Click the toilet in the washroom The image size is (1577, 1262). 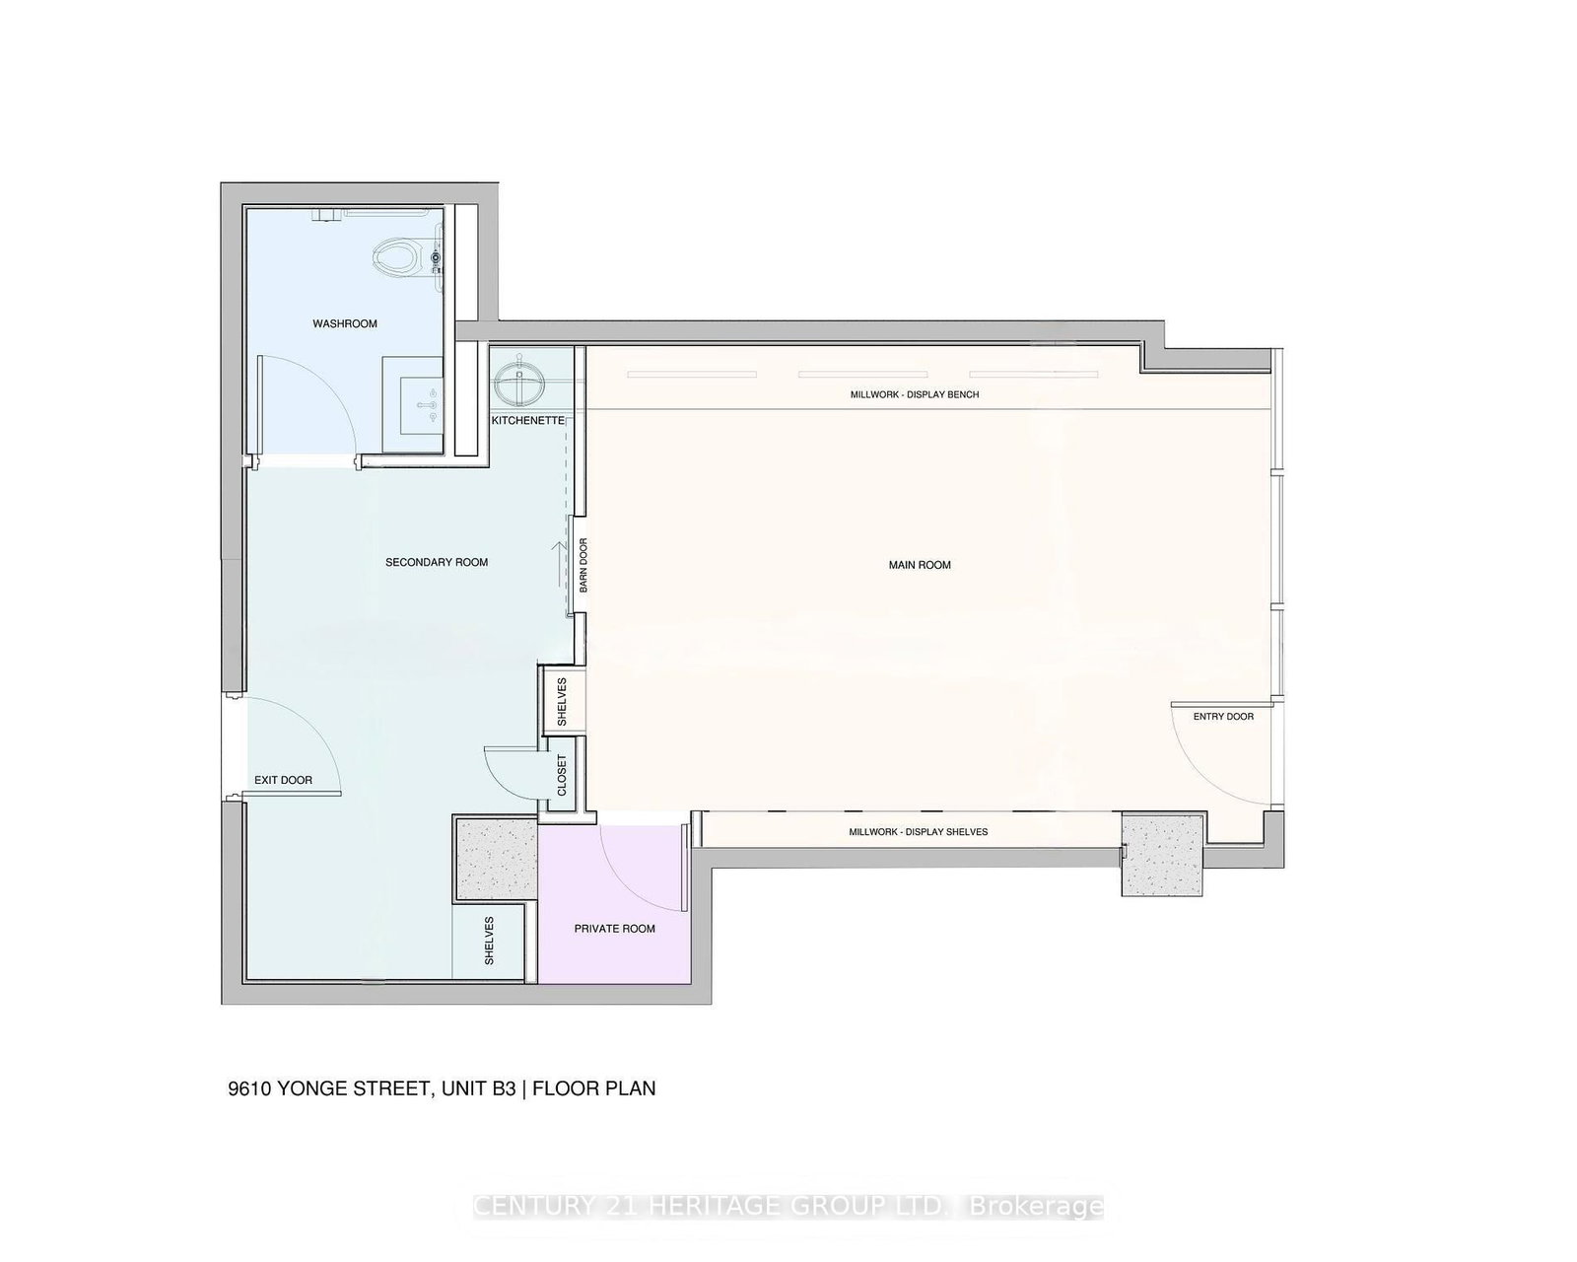pyautogui.click(x=396, y=258)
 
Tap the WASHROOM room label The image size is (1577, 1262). pyautogui.click(x=345, y=323)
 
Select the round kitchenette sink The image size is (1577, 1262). pyautogui.click(x=519, y=382)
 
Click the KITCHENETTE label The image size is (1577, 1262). pyautogui.click(x=528, y=420)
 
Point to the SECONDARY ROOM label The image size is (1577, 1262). pyautogui.click(x=437, y=562)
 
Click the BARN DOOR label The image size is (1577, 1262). pyautogui.click(x=583, y=565)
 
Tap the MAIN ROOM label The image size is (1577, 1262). pyautogui.click(x=920, y=565)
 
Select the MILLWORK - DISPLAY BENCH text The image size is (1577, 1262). pyautogui.click(x=915, y=394)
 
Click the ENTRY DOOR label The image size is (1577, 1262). pyautogui.click(x=1223, y=716)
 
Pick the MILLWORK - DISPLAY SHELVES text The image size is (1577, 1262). pyautogui.click(x=919, y=832)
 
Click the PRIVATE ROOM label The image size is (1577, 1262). pyautogui.click(x=615, y=929)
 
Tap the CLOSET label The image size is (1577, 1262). pyautogui.click(x=562, y=776)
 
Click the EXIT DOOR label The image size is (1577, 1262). pyautogui.click(x=283, y=780)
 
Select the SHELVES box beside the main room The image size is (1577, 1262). pyautogui.click(x=562, y=701)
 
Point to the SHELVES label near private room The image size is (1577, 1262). pyautogui.click(x=489, y=941)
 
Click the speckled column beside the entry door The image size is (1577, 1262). pyautogui.click(x=1163, y=854)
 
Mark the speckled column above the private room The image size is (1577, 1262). pyautogui.click(x=496, y=858)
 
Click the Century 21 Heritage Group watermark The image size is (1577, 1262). pyautogui.click(x=788, y=1207)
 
